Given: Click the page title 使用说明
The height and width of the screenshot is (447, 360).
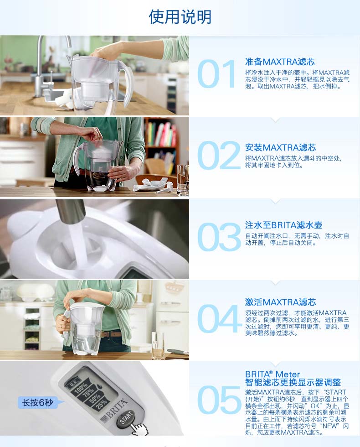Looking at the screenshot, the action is click(180, 17).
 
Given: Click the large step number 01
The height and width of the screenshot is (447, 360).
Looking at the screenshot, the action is click(216, 74).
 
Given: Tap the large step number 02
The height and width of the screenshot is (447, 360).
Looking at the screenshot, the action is click(219, 156).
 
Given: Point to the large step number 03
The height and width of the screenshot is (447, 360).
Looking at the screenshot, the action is click(219, 237).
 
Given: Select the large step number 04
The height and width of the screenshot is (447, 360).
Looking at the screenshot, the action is click(219, 318).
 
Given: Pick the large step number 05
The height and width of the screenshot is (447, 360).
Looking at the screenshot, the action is click(219, 400).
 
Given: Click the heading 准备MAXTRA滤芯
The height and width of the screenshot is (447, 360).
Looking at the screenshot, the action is click(280, 62).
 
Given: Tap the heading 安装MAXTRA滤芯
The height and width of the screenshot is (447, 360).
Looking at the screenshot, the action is click(281, 147).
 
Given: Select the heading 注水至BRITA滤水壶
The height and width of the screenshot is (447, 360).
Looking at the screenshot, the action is click(283, 225).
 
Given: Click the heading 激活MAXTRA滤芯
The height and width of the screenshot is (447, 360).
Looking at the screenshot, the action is click(281, 302).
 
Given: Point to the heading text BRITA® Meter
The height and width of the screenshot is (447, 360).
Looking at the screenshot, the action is click(273, 374).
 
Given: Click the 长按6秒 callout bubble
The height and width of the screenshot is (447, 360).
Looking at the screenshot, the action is click(38, 402).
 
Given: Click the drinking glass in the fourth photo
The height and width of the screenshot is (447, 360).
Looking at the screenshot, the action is click(157, 345).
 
